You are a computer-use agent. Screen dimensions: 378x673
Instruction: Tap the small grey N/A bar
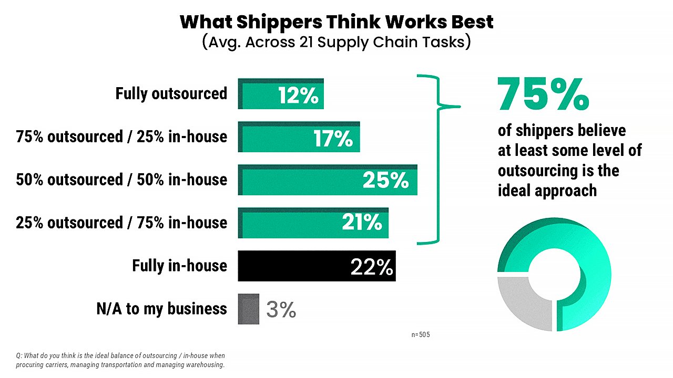tap(249, 309)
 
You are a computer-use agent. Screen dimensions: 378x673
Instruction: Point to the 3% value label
tap(281, 310)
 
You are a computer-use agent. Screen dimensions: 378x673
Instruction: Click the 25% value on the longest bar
tap(385, 181)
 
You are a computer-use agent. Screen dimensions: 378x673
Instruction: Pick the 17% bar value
tap(333, 139)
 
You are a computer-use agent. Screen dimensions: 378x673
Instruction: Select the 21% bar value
tap(362, 224)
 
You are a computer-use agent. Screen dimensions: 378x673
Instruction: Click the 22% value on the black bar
tap(372, 267)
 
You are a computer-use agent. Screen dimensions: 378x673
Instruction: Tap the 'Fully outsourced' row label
tap(171, 94)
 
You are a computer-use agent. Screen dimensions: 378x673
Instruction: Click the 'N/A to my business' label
tap(161, 309)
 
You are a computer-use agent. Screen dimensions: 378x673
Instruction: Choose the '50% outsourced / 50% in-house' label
tap(121, 180)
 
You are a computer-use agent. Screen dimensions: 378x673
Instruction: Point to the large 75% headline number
tap(543, 94)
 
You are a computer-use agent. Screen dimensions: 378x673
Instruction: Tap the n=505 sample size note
tap(421, 334)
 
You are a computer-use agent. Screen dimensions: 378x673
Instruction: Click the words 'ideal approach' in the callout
tap(547, 190)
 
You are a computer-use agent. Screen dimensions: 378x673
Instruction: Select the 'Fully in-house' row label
tap(180, 266)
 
